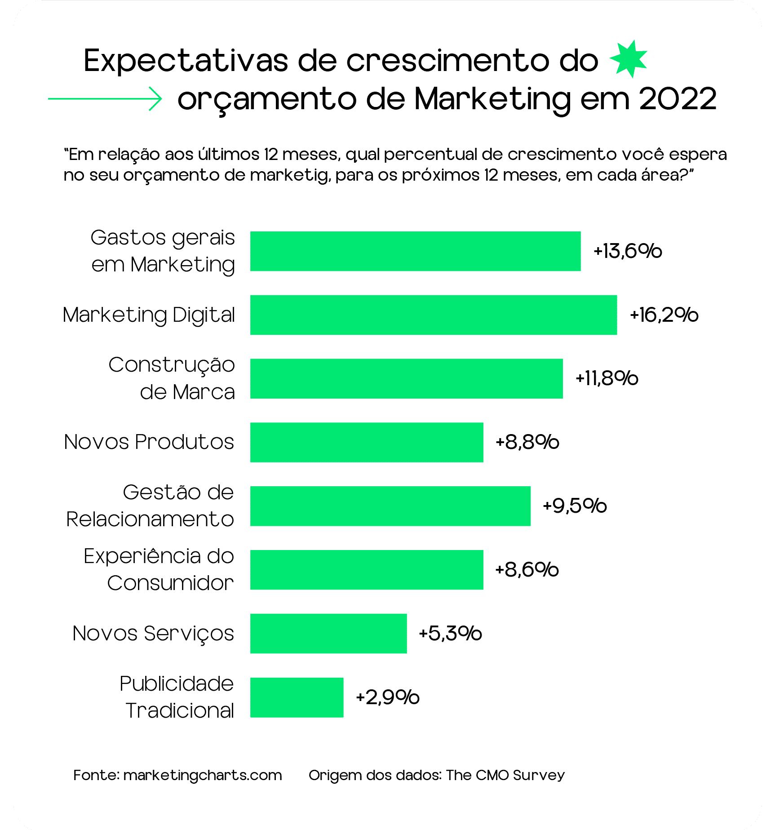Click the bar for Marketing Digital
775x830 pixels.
point(433,315)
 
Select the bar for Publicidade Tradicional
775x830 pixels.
point(297,697)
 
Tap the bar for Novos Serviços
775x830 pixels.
point(328,634)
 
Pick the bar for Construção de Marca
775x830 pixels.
point(406,378)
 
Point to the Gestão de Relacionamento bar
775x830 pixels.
point(390,506)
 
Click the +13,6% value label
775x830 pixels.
point(628,251)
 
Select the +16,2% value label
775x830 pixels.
point(664,315)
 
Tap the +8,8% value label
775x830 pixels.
point(527,443)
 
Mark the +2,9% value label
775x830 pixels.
point(387,697)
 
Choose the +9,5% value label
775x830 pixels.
point(575,506)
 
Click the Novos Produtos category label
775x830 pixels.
point(149,442)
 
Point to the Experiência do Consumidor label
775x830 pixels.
point(159,570)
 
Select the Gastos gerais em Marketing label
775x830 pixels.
point(163,251)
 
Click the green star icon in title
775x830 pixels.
point(629,59)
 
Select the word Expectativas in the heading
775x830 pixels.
point(186,61)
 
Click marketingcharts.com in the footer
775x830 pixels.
point(202,775)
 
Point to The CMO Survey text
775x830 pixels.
point(505,775)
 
